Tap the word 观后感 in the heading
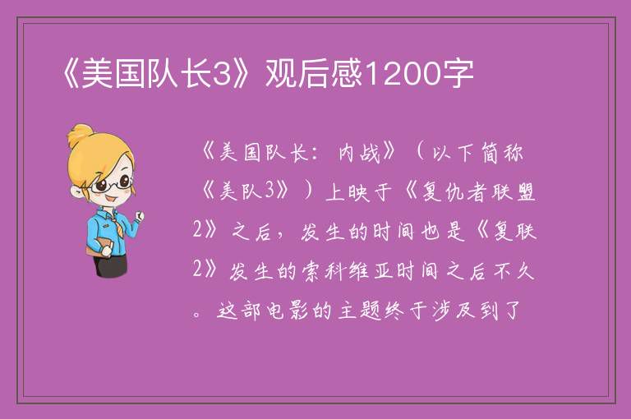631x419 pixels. pyautogui.click(x=315, y=74)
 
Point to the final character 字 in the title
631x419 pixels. pyautogui.click(x=458, y=74)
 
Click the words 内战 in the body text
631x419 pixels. pyautogui.click(x=359, y=153)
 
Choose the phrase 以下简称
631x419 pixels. pyautogui.click(x=477, y=153)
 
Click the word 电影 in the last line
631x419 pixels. pyautogui.click(x=288, y=310)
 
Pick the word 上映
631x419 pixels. pyautogui.click(x=348, y=192)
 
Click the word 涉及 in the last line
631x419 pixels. pyautogui.click(x=454, y=310)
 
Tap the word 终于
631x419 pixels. pyautogui.click(x=406, y=310)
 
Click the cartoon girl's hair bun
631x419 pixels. pyautogui.click(x=80, y=134)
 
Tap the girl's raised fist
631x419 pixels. pyautogui.click(x=139, y=216)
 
